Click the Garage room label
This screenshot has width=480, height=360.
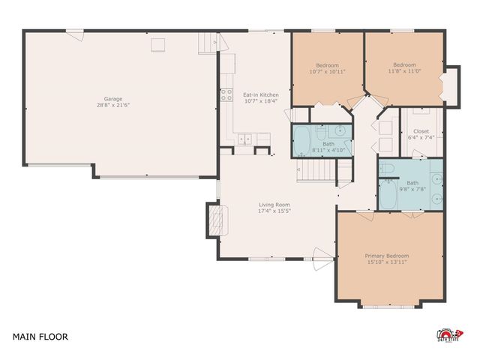(x=113, y=98)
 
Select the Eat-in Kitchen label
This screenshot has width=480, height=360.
(x=260, y=94)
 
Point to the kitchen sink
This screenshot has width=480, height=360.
(x=245, y=138)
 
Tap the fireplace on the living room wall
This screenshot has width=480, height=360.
(x=214, y=221)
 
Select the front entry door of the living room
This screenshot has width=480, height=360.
(x=321, y=264)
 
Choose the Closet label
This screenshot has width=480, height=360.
(x=421, y=131)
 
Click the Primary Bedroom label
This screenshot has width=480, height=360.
(x=387, y=256)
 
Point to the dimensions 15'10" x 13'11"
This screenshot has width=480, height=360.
(x=387, y=262)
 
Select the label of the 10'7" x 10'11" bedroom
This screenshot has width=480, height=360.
(x=327, y=64)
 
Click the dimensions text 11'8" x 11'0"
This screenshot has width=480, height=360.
(x=403, y=71)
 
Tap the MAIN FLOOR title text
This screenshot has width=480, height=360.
(x=40, y=337)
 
